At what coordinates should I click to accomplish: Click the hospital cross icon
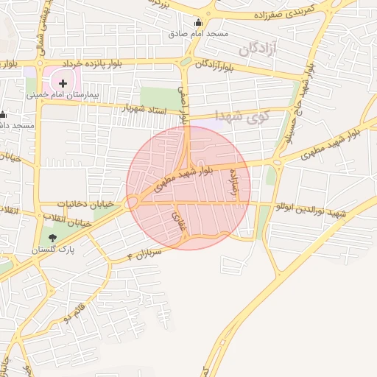[63, 83]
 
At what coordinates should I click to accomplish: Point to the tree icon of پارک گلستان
[52, 238]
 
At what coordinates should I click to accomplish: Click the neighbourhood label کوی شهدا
[242, 116]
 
